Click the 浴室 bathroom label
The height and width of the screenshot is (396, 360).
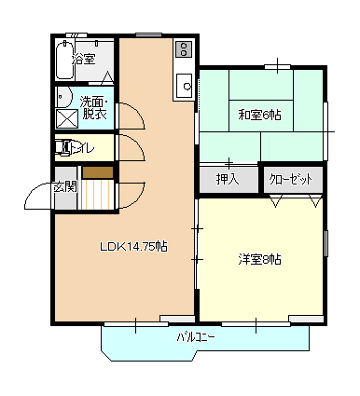(x=84, y=59)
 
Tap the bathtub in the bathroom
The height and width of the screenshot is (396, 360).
(x=65, y=60)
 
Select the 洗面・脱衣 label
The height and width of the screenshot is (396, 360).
(x=94, y=108)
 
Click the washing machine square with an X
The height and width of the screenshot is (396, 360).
(x=66, y=119)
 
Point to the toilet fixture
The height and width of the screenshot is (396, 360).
(x=64, y=147)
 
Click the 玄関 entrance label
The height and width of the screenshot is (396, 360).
(x=64, y=187)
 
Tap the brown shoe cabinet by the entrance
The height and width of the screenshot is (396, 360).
(x=98, y=172)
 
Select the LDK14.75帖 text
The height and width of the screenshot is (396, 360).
(x=133, y=247)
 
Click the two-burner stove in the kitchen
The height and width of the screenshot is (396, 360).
(x=184, y=48)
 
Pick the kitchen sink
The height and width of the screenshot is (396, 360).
(x=185, y=86)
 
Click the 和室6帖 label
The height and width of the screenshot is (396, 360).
(x=259, y=116)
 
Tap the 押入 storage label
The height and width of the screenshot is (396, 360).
(x=228, y=179)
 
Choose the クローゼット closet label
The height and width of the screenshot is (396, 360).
(x=291, y=180)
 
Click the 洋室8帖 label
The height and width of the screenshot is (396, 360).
(x=259, y=259)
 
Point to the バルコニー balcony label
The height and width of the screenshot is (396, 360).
(x=196, y=337)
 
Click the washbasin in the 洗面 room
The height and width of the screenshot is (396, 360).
(x=63, y=97)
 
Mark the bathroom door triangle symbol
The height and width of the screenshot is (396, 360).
(x=107, y=77)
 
